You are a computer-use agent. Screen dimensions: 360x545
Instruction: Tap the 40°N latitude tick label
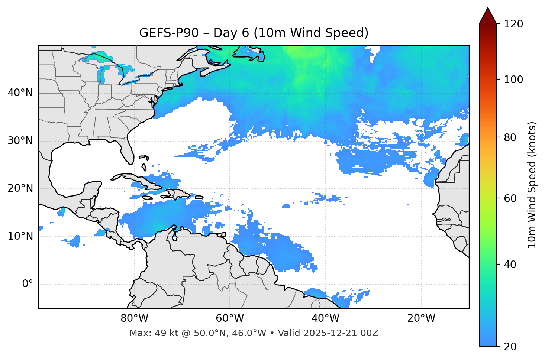click(20, 93)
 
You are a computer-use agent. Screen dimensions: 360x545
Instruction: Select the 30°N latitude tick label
click(20, 141)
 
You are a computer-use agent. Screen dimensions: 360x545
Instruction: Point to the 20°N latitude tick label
click(20, 188)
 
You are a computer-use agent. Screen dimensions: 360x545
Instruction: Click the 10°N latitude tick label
click(20, 236)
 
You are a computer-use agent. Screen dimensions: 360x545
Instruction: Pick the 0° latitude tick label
click(28, 284)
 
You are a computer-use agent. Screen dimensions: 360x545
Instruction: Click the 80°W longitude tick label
click(134, 318)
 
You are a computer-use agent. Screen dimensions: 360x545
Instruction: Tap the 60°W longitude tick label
click(230, 318)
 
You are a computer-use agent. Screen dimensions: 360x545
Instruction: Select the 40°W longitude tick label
click(325, 318)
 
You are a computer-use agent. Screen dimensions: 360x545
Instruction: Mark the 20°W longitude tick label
click(421, 318)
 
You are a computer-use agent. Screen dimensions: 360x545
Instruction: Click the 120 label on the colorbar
click(513, 24)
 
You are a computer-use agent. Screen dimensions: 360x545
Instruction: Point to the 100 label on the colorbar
click(513, 80)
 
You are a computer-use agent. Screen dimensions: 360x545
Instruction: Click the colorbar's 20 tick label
click(510, 347)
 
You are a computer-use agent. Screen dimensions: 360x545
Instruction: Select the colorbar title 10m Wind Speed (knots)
click(532, 185)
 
